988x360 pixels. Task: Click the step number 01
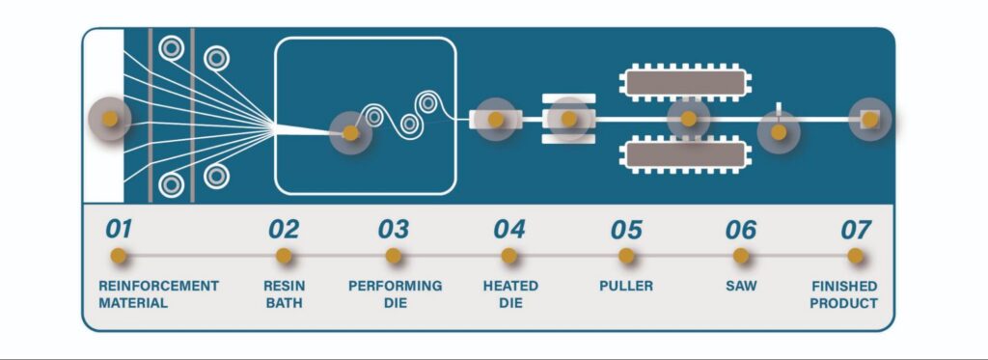(119, 229)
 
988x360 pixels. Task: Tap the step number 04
(509, 229)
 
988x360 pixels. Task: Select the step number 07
(856, 230)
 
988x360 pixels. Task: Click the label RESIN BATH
(284, 294)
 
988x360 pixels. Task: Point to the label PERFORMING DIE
(395, 294)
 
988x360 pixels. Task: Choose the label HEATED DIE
(510, 294)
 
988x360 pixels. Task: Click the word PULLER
(626, 286)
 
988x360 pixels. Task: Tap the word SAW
(741, 286)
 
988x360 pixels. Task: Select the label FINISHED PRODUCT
(843, 294)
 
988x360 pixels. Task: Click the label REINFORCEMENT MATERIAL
(158, 294)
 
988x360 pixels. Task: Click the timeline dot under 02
(284, 256)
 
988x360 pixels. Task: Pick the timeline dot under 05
(625, 256)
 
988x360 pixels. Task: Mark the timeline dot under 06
(741, 256)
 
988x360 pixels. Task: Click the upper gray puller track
(686, 83)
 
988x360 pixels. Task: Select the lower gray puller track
(686, 153)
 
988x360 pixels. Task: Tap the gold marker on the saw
(779, 132)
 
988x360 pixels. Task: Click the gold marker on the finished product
(869, 119)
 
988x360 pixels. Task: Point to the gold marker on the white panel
(110, 119)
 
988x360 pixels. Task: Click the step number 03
(394, 229)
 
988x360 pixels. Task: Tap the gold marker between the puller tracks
(689, 119)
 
